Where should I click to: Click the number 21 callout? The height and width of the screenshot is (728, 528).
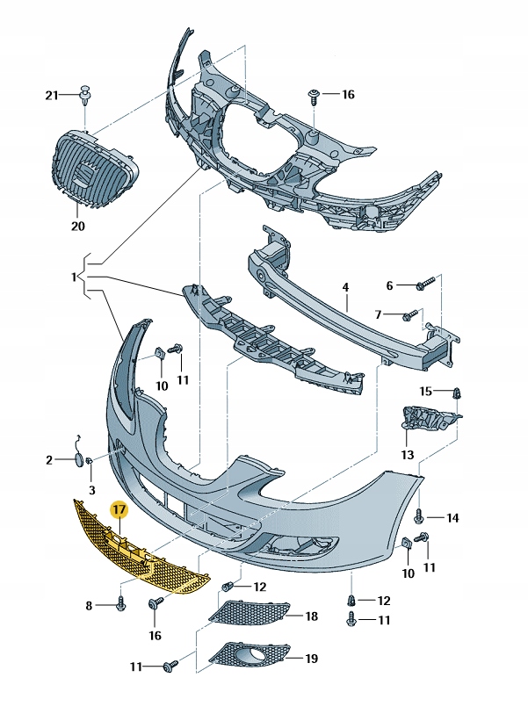point(51,94)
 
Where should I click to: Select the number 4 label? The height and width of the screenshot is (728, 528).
point(345,286)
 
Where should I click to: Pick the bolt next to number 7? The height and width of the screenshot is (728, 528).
point(411,314)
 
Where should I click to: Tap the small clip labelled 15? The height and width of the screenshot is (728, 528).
point(457,393)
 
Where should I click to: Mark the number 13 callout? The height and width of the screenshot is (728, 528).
point(407,455)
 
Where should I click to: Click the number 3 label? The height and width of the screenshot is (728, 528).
point(91,488)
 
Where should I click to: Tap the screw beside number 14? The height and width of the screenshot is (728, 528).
point(421,516)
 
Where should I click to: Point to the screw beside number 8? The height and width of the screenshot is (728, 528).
point(121,605)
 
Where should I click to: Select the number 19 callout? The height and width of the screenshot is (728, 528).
point(310,658)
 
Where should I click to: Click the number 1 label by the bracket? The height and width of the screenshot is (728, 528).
point(75,277)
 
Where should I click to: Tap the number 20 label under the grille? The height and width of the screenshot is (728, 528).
point(77,227)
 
